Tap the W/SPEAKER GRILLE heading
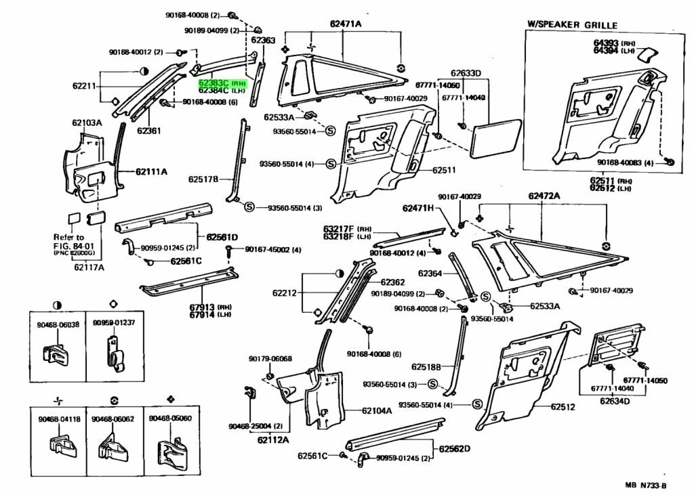pos(573,25)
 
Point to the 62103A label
pos(87,123)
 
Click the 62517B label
pos(203,179)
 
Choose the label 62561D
pos(222,237)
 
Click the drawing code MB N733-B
pos(645,485)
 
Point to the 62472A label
pos(544,196)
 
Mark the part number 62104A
pos(377,410)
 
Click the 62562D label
pos(454,448)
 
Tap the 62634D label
pos(614,401)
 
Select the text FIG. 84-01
pos(70,246)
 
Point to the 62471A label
pos(346,25)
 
